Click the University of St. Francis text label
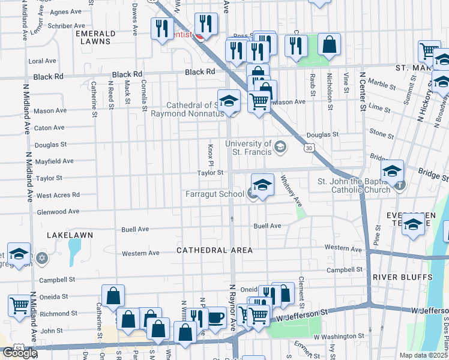tap(249, 147)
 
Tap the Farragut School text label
tap(215, 194)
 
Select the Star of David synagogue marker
tap(41, 259)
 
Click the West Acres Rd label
tap(58, 195)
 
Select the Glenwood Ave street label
tap(58, 212)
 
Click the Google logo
tap(20, 353)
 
